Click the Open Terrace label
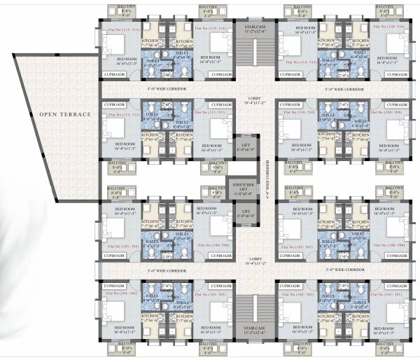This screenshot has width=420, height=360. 61,113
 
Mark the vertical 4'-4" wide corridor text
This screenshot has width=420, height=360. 267,179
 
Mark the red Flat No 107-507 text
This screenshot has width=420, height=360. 296,247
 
